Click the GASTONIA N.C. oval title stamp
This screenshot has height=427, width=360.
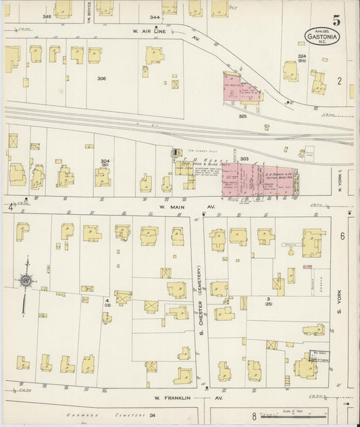pyautogui.click(x=322, y=36)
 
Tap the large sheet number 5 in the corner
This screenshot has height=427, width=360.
pyautogui.click(x=336, y=21)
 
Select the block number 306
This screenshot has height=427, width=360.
pyautogui.click(x=101, y=78)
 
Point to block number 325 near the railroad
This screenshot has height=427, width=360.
pyautogui.click(x=242, y=116)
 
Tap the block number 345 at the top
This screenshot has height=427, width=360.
pyautogui.click(x=47, y=16)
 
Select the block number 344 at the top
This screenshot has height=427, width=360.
pyautogui.click(x=155, y=16)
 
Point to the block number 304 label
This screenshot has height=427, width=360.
pyautogui.click(x=105, y=162)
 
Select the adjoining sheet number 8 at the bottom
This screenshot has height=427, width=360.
pyautogui.click(x=253, y=417)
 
